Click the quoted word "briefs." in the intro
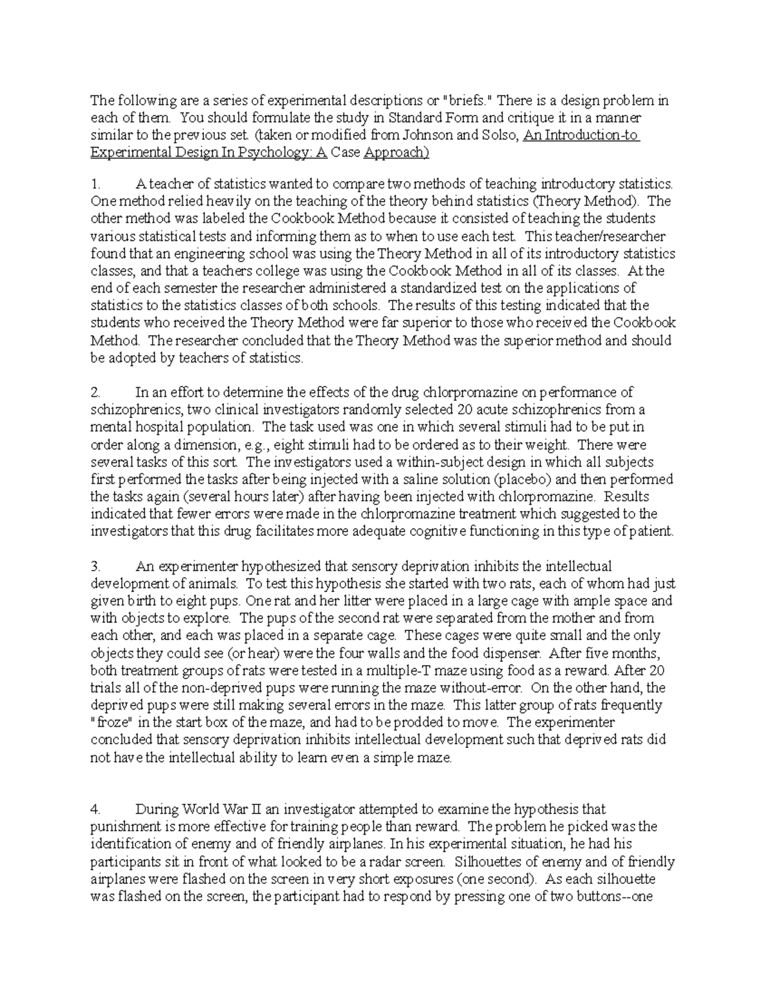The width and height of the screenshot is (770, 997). [468, 101]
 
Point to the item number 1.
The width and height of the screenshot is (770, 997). [96, 184]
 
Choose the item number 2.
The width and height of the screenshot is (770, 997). [96, 392]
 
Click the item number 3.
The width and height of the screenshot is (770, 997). [96, 566]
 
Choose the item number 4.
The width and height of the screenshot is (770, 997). [96, 809]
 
